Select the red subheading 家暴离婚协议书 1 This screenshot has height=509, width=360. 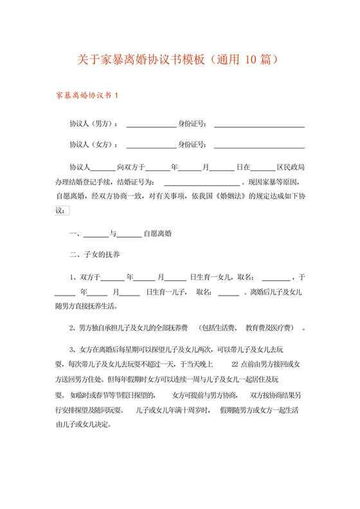[x=88, y=96]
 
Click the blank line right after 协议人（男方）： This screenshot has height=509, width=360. [x=151, y=125]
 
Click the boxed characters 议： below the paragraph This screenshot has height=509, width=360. [x=62, y=210]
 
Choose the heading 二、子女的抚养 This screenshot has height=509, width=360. [x=93, y=254]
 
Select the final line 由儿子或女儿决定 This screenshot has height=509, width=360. [x=84, y=425]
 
